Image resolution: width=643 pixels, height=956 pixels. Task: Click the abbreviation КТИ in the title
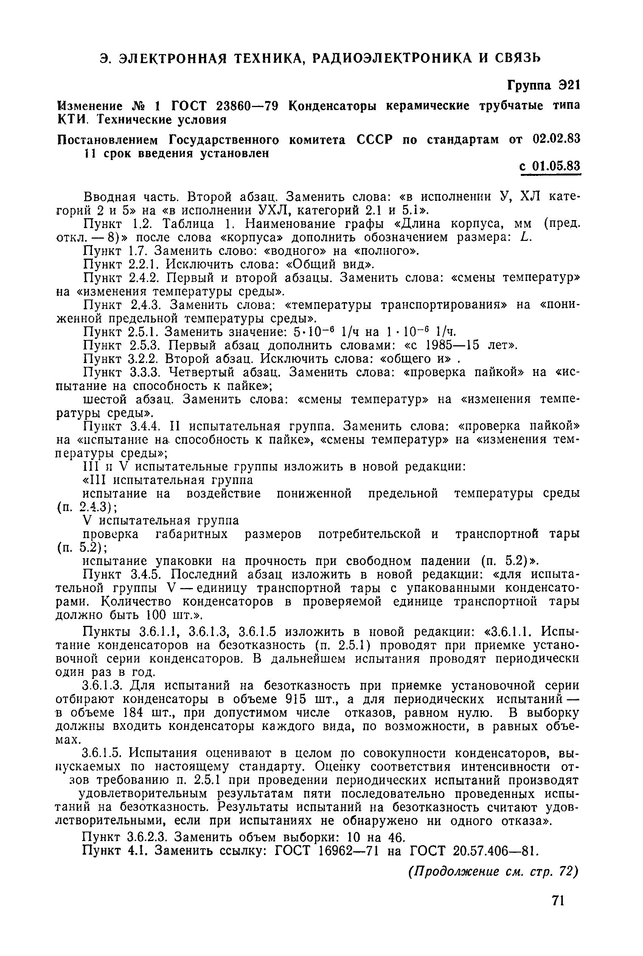point(72,120)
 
